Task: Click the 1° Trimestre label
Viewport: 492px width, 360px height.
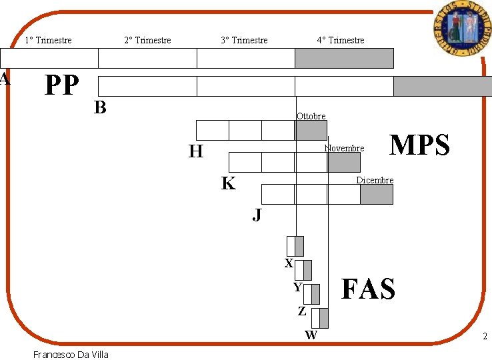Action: (48, 41)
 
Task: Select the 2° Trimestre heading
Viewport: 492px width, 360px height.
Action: (147, 41)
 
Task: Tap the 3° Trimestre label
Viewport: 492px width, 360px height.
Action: (244, 41)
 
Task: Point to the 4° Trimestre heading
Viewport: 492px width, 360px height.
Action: (341, 41)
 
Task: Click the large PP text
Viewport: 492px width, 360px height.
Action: (61, 85)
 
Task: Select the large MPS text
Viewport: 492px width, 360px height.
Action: (419, 145)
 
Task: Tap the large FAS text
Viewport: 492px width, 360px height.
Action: (368, 289)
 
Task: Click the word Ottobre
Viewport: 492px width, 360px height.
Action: (311, 117)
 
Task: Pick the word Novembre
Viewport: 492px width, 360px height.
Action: (344, 148)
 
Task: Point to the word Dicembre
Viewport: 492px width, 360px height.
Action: (375, 181)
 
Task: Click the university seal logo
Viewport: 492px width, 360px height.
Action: (459, 28)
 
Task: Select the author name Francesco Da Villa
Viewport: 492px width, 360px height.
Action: (71, 354)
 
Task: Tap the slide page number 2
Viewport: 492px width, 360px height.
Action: (485, 337)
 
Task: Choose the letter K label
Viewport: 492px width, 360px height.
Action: (228, 184)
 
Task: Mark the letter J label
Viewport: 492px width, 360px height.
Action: (257, 215)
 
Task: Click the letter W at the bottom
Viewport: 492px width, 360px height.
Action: (311, 335)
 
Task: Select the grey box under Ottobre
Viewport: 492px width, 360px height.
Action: (311, 130)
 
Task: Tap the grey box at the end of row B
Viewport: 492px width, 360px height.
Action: (442, 86)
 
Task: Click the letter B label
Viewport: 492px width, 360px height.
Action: (100, 107)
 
